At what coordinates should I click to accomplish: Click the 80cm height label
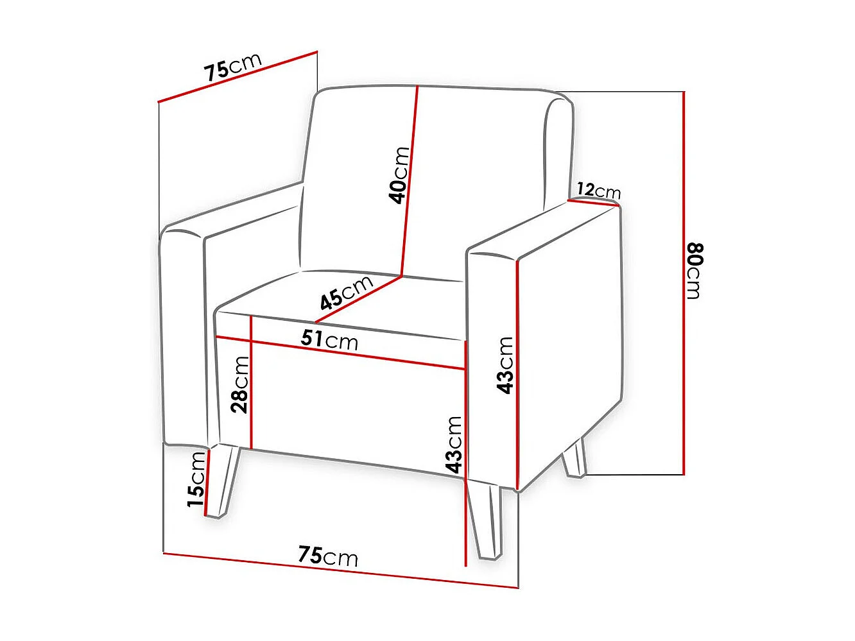pos(695,271)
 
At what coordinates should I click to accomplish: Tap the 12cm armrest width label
pos(598,191)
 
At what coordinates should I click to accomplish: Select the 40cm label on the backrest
pos(399,175)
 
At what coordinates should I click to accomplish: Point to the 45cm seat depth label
pos(346,292)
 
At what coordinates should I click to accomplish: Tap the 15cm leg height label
pos(196,479)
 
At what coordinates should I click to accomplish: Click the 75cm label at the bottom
pos(327,556)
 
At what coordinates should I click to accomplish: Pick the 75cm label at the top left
pos(233,66)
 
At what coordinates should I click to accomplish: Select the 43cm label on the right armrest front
pos(506,364)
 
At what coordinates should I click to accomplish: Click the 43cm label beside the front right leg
pos(454,444)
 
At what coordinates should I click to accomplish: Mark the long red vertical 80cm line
pos(684,282)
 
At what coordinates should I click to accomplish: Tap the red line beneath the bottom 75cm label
pos(340,570)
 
